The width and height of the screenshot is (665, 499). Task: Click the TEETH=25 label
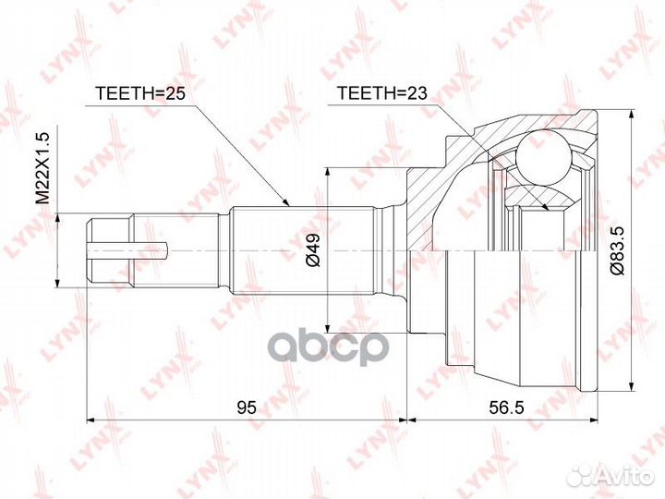pos(140,93)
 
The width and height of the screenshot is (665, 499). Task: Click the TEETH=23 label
pos(382,93)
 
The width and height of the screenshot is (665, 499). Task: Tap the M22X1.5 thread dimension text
pos(42,168)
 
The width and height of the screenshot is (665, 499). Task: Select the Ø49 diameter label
pos(313,249)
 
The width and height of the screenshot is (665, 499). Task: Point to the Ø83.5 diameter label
pos(617,249)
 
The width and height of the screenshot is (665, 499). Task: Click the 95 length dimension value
pos(247,408)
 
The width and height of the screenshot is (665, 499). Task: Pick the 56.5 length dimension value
pos(506,408)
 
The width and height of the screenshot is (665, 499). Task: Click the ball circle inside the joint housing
pos(542,157)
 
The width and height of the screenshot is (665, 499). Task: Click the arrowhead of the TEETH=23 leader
pos(545,206)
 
